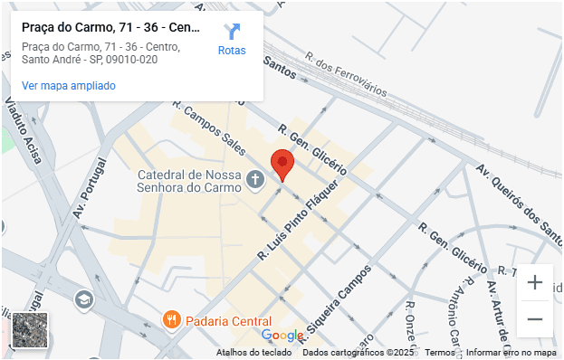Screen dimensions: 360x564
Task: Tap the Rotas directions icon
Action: [232, 33]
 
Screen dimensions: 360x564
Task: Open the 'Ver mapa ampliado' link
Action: [69, 86]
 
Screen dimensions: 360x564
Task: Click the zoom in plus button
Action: [535, 282]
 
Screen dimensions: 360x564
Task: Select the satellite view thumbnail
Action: [30, 330]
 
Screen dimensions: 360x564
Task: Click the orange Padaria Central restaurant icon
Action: [170, 319]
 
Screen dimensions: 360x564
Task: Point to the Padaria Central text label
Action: [228, 321]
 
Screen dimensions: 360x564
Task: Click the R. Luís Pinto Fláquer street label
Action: [299, 221]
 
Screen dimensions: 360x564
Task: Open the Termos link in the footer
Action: [440, 353]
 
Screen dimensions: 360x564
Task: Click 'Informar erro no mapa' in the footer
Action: [511, 353]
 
